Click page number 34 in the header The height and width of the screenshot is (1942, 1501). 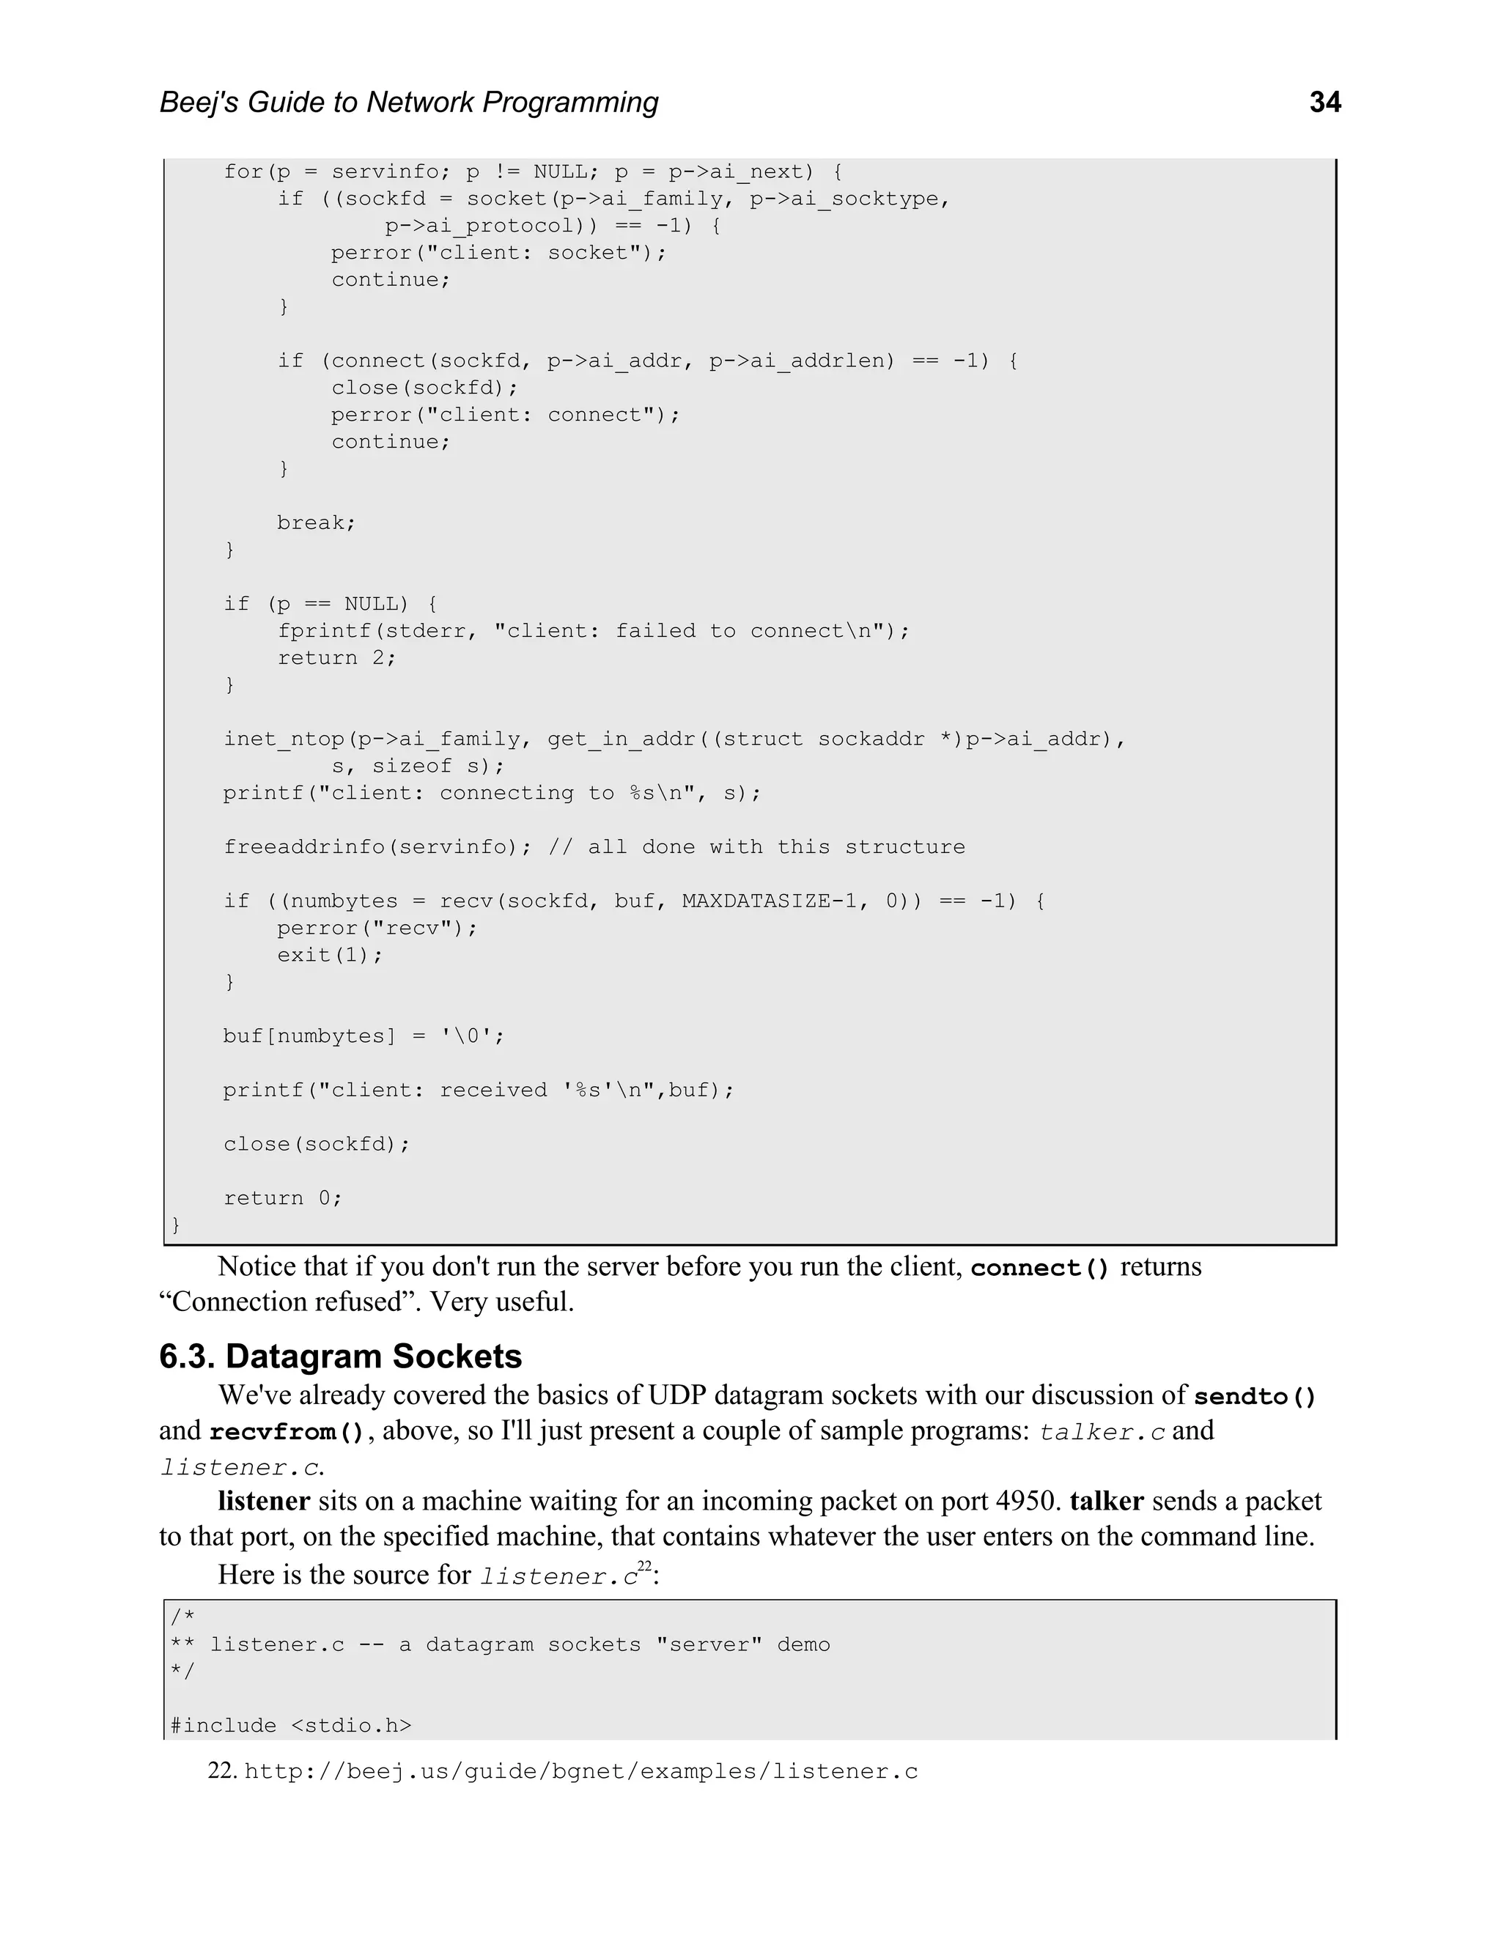(x=1324, y=103)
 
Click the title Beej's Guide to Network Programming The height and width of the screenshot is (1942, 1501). (x=409, y=103)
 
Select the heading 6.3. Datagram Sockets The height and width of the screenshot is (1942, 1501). (x=341, y=1356)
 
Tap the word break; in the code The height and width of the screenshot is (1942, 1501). (x=316, y=523)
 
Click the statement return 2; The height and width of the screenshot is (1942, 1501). (x=336, y=658)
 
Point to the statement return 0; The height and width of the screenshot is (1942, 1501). (x=282, y=1197)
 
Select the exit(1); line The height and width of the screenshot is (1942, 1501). (x=330, y=955)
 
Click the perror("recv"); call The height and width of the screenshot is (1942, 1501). (x=377, y=928)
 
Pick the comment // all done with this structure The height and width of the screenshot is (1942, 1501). (x=756, y=846)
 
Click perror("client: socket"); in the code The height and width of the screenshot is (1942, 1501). (x=498, y=253)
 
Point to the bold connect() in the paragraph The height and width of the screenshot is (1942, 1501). (x=1039, y=1268)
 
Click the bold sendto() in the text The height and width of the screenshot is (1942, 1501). (x=1254, y=1396)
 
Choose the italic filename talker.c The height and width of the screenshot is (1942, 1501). (x=1102, y=1433)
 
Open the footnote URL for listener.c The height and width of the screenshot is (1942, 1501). (x=580, y=1771)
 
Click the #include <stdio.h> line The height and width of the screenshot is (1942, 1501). (x=291, y=1725)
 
